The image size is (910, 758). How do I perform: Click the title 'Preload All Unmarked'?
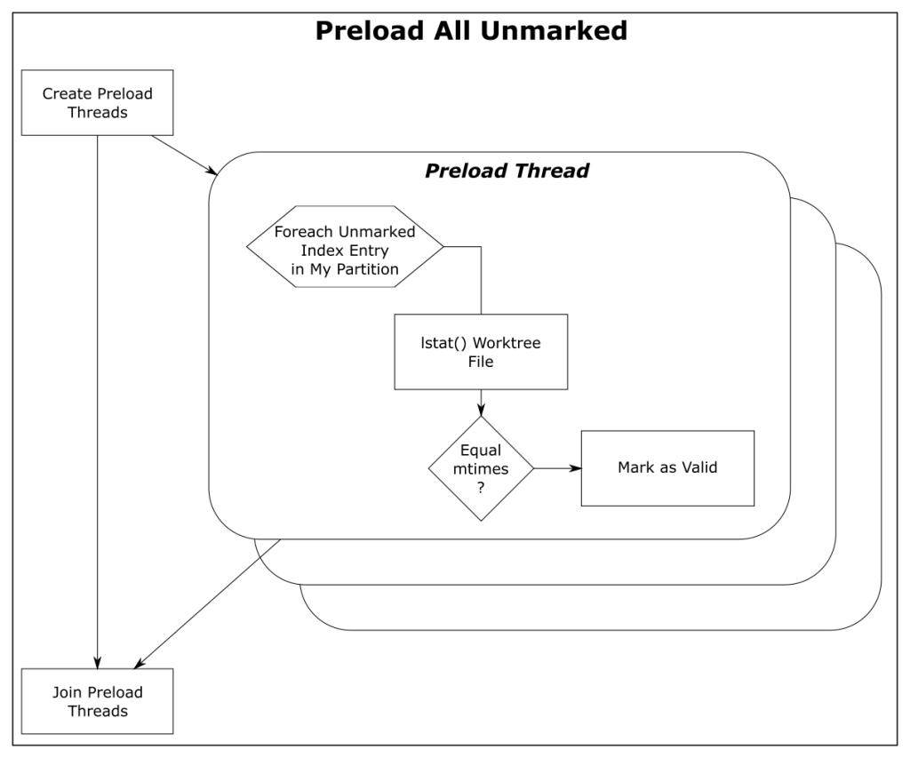click(x=471, y=31)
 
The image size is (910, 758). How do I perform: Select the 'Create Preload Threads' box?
click(x=98, y=103)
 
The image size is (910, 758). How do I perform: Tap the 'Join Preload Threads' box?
click(x=98, y=701)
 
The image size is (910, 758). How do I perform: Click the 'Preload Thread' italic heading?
click(x=507, y=171)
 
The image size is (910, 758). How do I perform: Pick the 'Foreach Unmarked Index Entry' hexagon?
click(x=345, y=247)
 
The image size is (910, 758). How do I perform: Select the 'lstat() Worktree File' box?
click(x=481, y=352)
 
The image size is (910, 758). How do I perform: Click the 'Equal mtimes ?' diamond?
click(x=481, y=468)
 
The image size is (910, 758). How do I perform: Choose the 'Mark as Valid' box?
click(x=668, y=468)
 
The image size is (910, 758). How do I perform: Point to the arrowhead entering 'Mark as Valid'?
click(x=576, y=468)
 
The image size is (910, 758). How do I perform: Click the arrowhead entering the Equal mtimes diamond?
click(x=481, y=411)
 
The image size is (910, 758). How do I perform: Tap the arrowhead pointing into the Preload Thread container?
click(x=212, y=171)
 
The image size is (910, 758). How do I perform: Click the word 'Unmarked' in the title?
click(x=554, y=31)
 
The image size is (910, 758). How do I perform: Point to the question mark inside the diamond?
click(x=481, y=488)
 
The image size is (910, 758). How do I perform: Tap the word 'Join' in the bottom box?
click(x=66, y=692)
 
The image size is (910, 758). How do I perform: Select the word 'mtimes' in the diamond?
click(x=481, y=469)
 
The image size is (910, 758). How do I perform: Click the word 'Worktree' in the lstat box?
click(x=507, y=343)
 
